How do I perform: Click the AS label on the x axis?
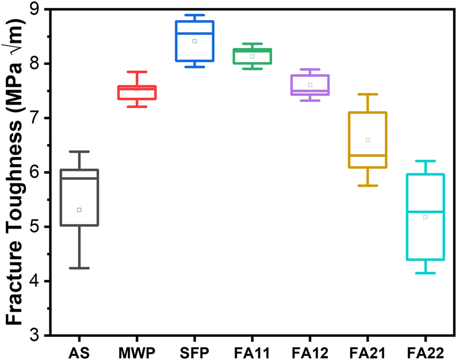coord(79,352)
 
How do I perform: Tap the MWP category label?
coord(137,352)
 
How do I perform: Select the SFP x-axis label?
coord(194,352)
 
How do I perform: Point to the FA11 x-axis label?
coord(252,352)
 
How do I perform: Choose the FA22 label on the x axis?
coord(425,352)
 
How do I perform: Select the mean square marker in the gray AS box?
coord(79,210)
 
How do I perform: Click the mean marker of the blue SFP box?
coord(194,41)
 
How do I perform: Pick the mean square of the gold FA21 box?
coord(367,140)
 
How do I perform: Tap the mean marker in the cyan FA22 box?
coord(425,217)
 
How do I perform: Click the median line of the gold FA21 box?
coord(367,155)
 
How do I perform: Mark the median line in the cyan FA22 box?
coord(425,212)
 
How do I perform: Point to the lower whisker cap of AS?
coord(79,268)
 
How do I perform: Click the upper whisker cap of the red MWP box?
coord(137,72)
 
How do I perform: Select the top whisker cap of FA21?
coord(367,94)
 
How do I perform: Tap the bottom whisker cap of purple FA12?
coord(310,101)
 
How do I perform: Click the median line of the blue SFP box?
coord(194,33)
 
